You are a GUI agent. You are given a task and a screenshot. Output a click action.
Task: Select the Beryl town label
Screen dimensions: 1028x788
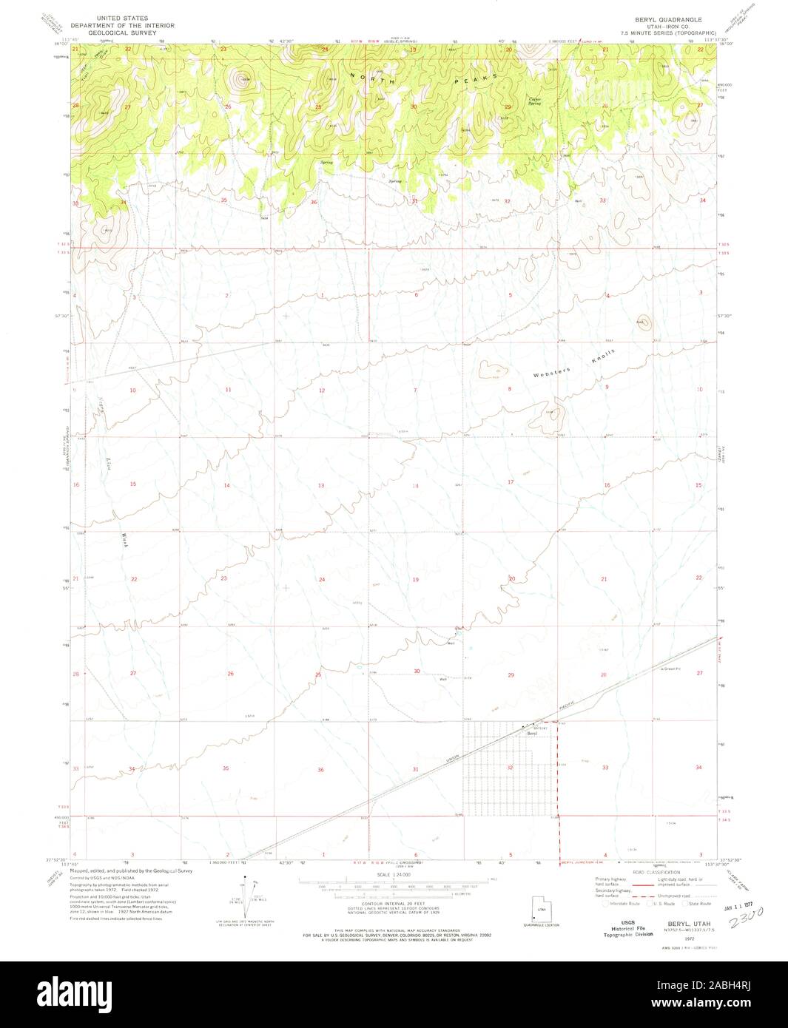tap(531, 733)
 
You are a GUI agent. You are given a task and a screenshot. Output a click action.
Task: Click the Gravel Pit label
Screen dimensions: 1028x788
tap(670, 670)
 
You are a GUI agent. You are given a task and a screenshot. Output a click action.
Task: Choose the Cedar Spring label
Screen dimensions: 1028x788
tap(534, 101)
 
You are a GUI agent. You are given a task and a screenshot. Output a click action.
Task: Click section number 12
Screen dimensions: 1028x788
tap(322, 390)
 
